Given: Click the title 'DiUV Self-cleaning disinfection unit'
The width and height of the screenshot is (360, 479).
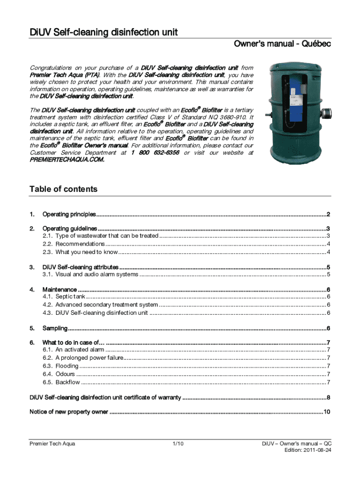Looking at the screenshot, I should click(x=103, y=32).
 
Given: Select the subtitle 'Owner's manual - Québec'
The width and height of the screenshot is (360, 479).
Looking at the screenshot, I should click(x=283, y=44).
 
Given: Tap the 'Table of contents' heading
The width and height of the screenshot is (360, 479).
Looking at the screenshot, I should click(x=64, y=189).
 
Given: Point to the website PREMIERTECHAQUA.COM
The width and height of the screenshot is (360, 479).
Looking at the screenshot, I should click(x=67, y=160).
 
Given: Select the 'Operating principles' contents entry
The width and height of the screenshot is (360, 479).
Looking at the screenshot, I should click(x=69, y=215).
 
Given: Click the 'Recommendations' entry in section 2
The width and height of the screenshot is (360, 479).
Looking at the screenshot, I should click(x=80, y=244).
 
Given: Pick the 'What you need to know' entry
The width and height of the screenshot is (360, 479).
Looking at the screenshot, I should click(x=86, y=252).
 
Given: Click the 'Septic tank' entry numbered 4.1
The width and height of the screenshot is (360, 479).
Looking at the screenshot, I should click(x=71, y=297).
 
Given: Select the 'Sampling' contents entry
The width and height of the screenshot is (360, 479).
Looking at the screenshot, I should click(x=55, y=328).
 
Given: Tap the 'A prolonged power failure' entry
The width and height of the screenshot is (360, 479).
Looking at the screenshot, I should click(x=89, y=358).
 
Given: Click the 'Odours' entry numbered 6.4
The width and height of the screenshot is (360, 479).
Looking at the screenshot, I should click(x=65, y=374).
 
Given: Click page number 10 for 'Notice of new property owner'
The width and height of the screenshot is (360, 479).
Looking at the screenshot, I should click(x=327, y=412).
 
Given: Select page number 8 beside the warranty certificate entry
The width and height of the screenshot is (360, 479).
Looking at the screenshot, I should click(x=329, y=398).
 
